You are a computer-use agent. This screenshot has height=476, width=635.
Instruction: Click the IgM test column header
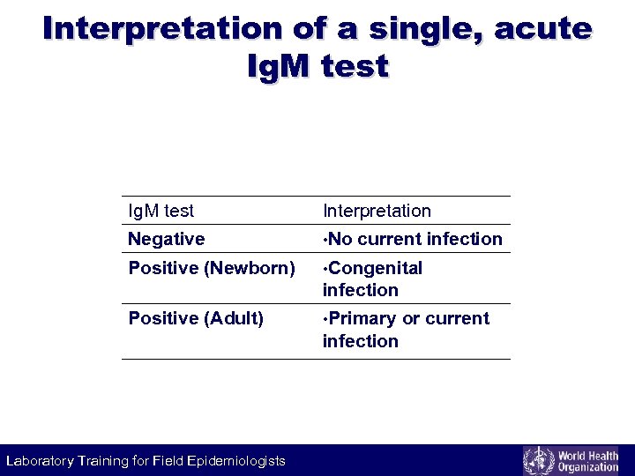[161, 211]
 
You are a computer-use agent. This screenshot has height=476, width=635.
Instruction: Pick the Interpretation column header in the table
[377, 211]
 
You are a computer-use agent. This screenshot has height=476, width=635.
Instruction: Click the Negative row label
[166, 239]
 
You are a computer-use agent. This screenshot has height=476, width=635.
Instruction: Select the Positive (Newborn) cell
[212, 268]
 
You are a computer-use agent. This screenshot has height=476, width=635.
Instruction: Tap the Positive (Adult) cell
[196, 318]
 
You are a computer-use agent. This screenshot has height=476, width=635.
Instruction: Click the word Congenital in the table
[377, 268]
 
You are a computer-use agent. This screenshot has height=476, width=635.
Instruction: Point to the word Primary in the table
[364, 318]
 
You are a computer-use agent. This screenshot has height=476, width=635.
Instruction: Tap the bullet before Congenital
[325, 268]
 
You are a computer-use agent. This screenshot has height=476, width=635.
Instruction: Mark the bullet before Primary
[325, 318]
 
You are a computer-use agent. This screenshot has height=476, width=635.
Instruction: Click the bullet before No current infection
[325, 239]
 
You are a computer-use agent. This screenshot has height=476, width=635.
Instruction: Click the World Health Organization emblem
[538, 460]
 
